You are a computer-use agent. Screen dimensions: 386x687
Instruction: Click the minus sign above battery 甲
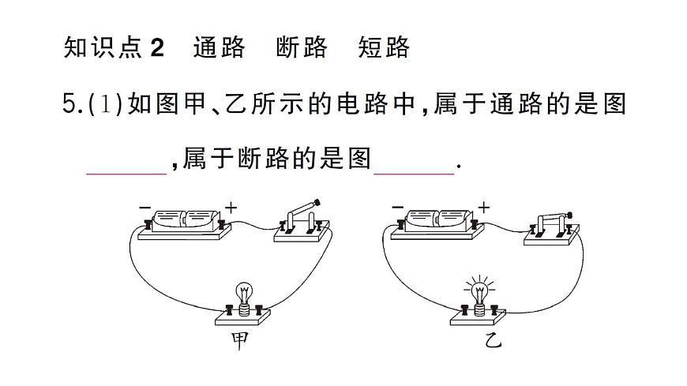pyautogui.click(x=145, y=207)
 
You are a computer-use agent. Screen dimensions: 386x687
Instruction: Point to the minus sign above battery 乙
pyautogui.click(x=398, y=207)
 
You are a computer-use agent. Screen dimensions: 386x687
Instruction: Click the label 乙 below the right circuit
pyautogui.click(x=493, y=341)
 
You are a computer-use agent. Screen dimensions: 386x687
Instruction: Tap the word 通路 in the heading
pyautogui.click(x=219, y=48)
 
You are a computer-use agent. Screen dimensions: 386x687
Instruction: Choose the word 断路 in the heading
pyautogui.click(x=302, y=48)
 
